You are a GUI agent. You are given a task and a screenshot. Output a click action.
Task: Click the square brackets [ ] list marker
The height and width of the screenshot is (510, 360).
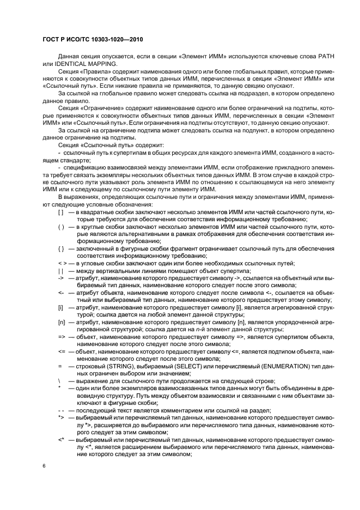(x=61, y=211)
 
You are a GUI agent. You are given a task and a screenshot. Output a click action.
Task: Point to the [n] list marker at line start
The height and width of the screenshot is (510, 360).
(x=61, y=322)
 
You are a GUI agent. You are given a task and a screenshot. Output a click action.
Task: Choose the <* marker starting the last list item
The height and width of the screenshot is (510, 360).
(x=61, y=439)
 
